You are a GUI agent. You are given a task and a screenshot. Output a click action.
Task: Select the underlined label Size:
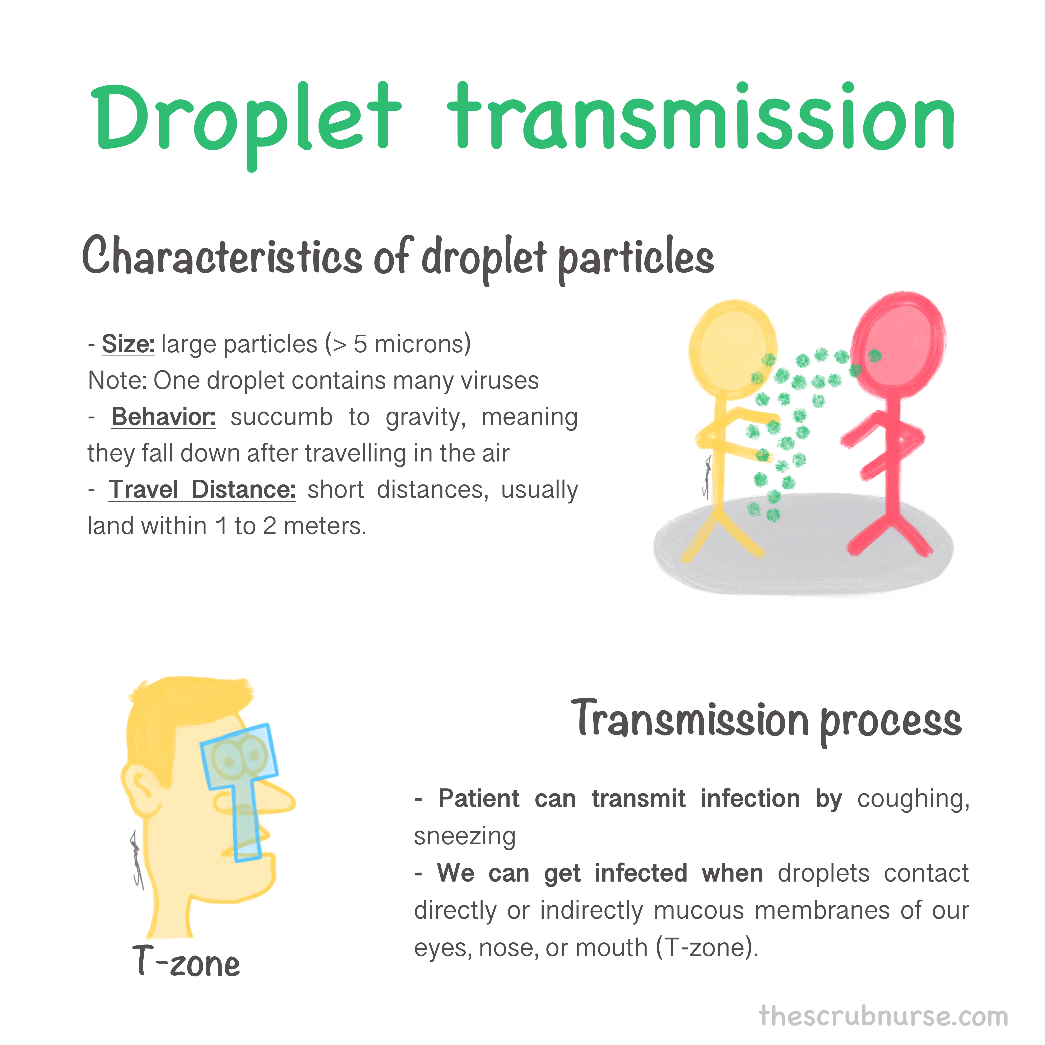click(128, 344)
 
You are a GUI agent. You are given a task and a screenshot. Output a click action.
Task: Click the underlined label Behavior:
click(163, 417)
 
